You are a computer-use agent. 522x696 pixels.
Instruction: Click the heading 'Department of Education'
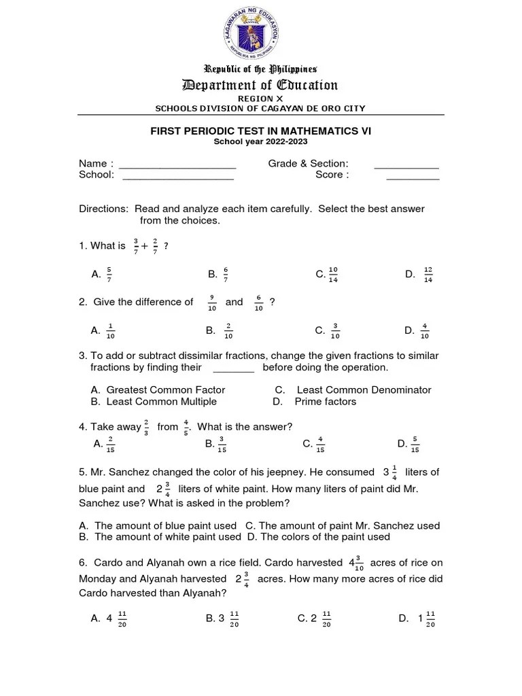[260, 85]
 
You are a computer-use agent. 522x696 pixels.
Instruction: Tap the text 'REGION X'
[260, 99]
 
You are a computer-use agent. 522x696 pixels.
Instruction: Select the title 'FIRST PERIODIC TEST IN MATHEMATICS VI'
[260, 130]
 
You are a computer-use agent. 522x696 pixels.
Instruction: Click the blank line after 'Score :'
[413, 176]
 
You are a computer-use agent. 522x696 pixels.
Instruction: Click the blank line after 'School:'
[178, 176]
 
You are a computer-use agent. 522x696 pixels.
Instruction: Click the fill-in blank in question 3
[233, 368]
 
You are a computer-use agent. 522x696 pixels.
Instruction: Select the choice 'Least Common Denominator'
[364, 390]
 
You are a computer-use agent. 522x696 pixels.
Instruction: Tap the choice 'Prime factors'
[325, 402]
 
